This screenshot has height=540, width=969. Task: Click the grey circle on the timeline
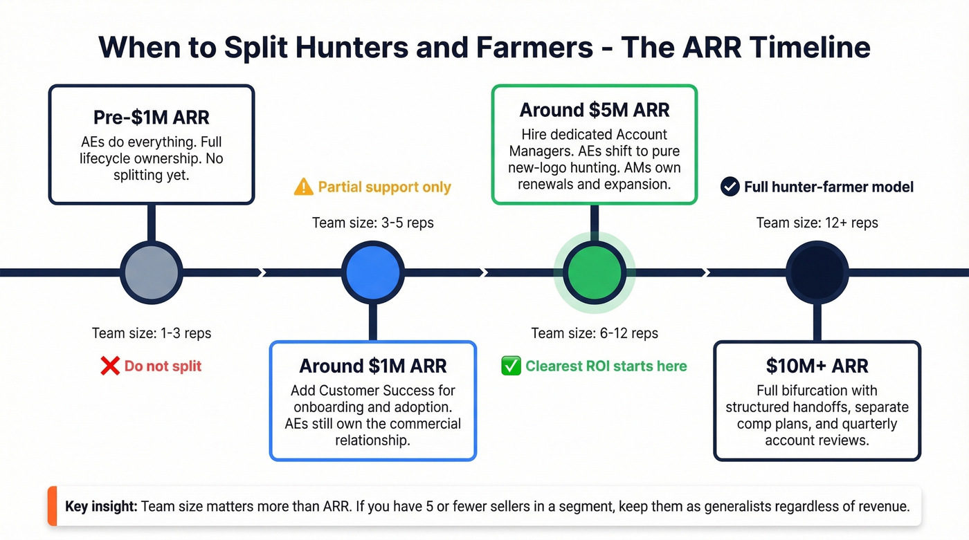(151, 272)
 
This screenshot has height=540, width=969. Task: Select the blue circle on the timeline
(373, 272)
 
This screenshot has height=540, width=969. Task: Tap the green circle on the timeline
(594, 272)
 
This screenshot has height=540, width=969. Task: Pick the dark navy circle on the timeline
(817, 272)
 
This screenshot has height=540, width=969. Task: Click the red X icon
(110, 366)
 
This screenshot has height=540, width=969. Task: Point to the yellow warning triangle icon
(303, 187)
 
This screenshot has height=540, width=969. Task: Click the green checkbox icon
(511, 366)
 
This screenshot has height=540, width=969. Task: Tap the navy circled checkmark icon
(730, 187)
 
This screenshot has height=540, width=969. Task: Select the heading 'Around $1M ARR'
(373, 366)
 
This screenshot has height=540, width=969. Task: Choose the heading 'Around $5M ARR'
(594, 110)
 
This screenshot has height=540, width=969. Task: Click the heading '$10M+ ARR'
(817, 366)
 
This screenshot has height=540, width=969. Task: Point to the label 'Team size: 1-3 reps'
(151, 333)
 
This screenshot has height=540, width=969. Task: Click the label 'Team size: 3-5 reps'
(373, 223)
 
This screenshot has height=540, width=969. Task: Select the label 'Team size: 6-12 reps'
(594, 333)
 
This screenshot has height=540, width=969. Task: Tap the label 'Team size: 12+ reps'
(817, 223)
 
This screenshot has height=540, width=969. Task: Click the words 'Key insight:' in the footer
(101, 506)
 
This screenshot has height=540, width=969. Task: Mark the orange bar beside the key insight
(51, 506)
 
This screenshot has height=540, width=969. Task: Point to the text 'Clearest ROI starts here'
(606, 366)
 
